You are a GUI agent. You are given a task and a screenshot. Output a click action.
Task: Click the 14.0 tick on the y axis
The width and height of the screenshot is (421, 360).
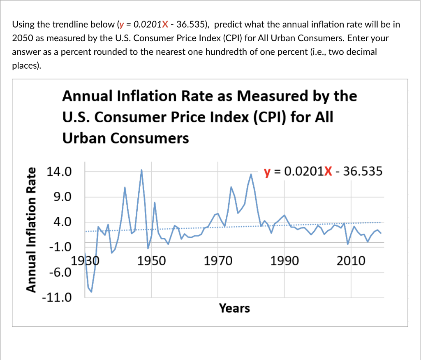tap(59, 172)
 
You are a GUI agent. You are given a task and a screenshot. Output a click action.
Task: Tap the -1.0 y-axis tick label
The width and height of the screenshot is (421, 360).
tap(60, 247)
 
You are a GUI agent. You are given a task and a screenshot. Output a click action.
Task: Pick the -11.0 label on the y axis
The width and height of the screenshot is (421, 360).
tap(57, 297)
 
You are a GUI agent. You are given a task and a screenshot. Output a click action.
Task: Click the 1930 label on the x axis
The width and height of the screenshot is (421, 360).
tap(86, 260)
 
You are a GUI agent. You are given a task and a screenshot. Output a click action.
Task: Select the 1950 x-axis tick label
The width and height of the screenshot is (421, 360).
tap(151, 260)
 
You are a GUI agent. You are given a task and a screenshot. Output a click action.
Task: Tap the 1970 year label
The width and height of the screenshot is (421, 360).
tap(218, 260)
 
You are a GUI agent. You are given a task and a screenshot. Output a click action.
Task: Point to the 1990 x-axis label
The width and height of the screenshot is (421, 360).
tap(285, 260)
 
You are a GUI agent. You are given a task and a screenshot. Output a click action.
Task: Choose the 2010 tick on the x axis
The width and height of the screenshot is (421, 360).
tap(351, 260)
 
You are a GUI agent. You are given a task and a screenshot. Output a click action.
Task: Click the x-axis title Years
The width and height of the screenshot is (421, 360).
tap(234, 308)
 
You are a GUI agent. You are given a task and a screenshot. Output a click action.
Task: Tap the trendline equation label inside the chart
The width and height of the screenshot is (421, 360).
tap(323, 171)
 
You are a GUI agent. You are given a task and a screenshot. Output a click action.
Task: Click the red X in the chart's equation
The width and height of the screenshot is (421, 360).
tap(328, 171)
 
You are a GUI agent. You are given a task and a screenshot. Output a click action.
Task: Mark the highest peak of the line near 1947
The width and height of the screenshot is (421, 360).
tap(141, 170)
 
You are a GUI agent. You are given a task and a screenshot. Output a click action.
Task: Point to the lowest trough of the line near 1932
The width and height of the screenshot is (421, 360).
tap(91, 292)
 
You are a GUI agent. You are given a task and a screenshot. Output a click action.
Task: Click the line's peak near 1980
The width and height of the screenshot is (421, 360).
tap(251, 174)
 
